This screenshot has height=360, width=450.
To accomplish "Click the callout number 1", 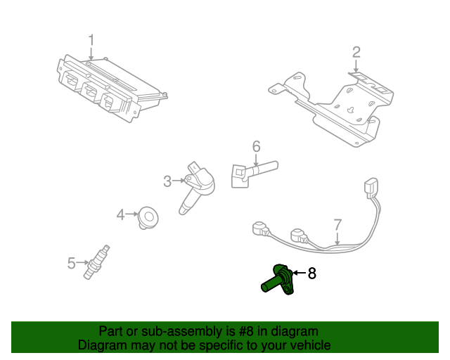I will tap(90, 39).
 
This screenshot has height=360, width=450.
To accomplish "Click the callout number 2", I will tap(356, 51).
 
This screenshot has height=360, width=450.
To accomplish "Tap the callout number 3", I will tap(167, 181).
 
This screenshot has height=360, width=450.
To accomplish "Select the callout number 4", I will tap(120, 214).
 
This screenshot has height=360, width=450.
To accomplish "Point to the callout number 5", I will tap(71, 263).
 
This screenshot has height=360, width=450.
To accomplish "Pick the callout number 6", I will tap(256, 146).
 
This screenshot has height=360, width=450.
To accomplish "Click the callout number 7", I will tap(337, 224).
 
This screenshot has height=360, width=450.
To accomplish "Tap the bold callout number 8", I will tap(312, 274).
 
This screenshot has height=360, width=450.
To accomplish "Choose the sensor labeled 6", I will tap(250, 172).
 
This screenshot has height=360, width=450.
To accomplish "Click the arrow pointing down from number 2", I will tap(356, 67).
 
